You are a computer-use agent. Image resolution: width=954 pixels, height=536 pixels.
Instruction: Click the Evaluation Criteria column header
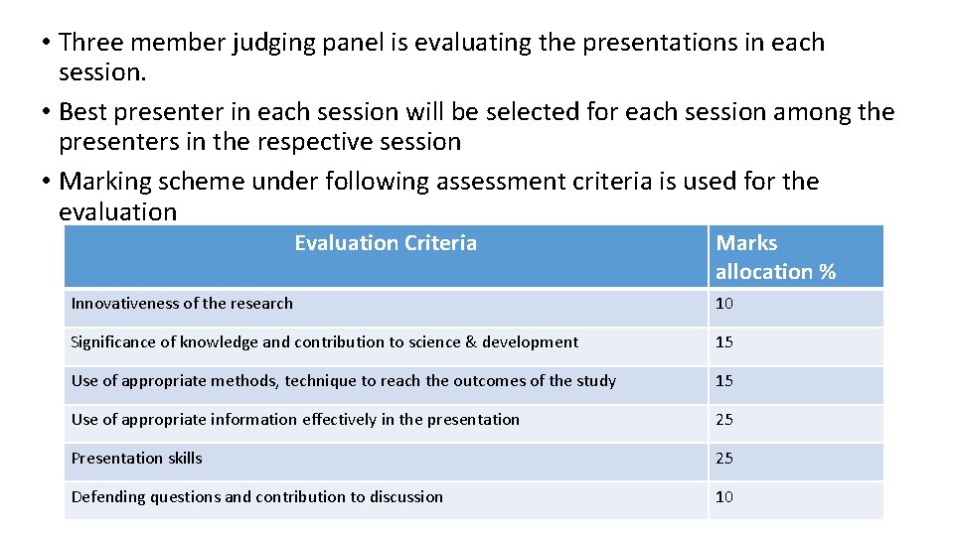coord(386,243)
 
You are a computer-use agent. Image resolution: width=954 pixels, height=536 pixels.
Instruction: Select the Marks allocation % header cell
coord(775,257)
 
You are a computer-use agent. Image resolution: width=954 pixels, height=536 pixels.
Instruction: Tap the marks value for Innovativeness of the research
coord(724,304)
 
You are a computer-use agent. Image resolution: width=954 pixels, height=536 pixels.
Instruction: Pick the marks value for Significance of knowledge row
coord(724,342)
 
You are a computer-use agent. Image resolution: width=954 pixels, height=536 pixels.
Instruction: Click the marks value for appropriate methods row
coord(724,381)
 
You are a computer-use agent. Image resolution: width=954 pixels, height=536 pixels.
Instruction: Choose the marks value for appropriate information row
coord(724,420)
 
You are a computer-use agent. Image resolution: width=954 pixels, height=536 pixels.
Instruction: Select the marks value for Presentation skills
coord(724,459)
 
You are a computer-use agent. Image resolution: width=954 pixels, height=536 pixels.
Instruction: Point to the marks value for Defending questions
coord(724,497)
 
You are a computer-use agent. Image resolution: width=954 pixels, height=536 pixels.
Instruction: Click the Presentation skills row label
coord(136,459)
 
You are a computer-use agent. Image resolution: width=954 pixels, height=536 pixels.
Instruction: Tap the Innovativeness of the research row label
coord(182,304)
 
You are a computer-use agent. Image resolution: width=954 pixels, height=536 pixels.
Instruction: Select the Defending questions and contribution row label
coord(256,497)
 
